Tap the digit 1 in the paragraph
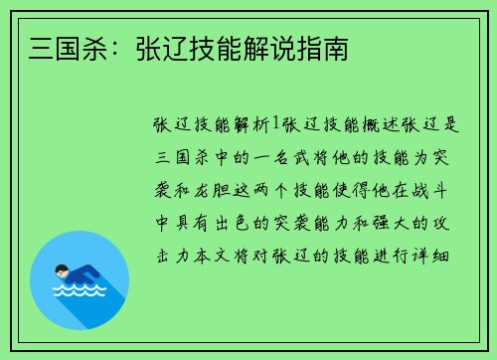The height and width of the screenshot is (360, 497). [x=277, y=126]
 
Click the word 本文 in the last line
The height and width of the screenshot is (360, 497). [x=208, y=254]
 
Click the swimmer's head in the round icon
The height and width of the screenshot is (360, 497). [x=61, y=270]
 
